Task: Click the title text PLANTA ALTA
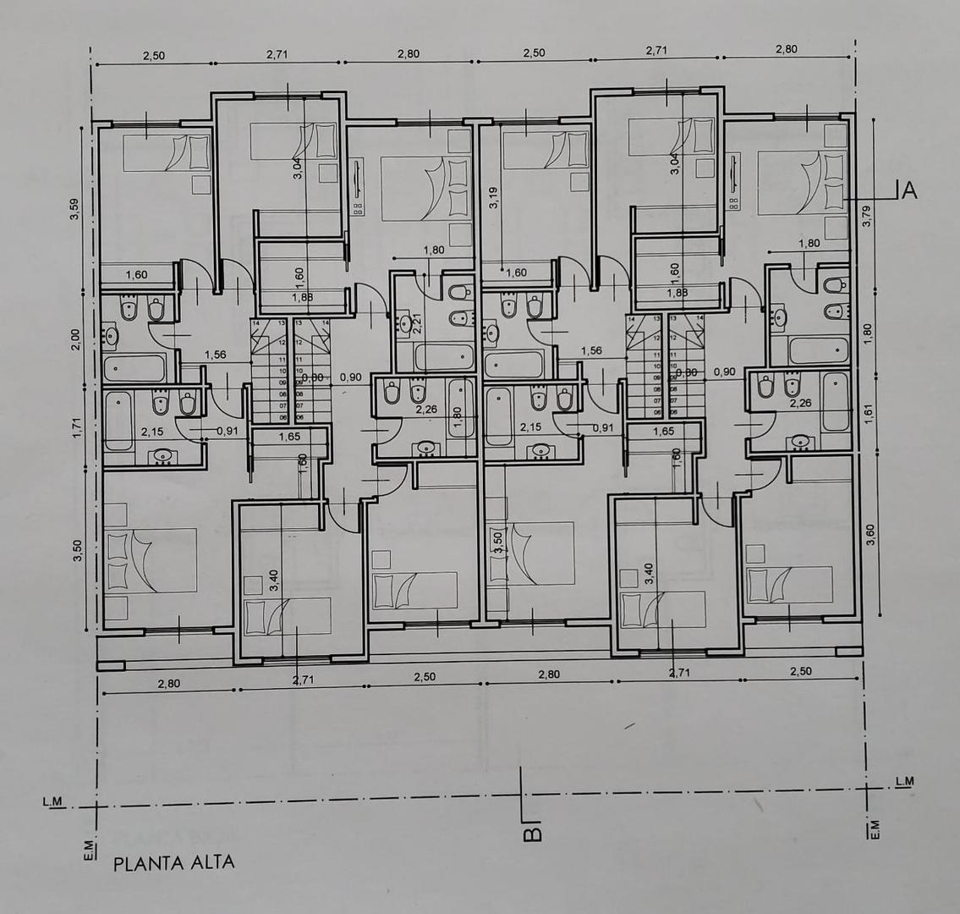point(173,863)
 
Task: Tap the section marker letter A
point(909,190)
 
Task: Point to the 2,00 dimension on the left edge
point(74,339)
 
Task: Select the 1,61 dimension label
point(866,411)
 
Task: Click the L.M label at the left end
point(52,801)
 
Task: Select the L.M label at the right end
point(903,780)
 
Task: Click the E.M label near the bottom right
point(875,830)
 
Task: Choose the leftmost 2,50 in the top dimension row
point(153,56)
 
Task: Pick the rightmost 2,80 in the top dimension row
point(787,49)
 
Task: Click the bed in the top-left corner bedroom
point(166,153)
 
